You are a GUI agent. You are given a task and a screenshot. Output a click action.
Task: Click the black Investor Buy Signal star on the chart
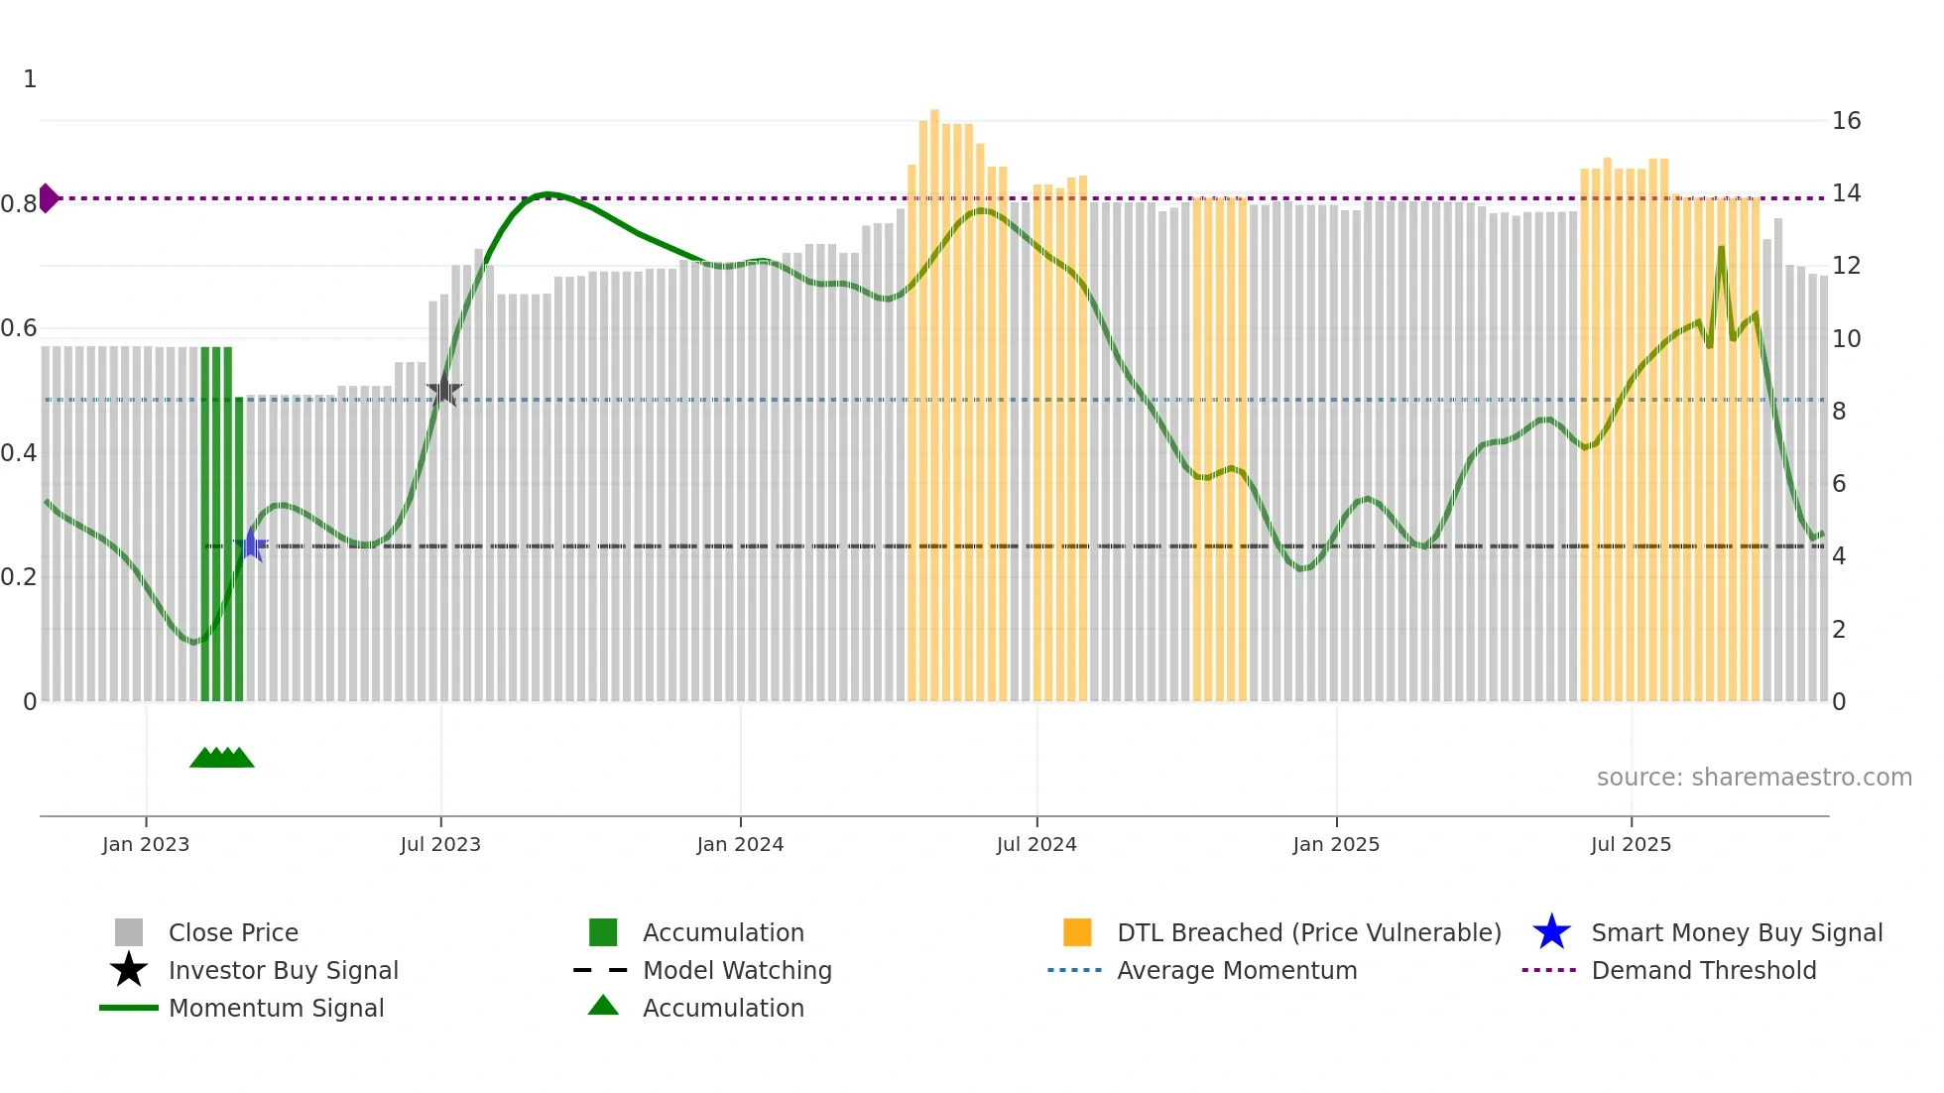[443, 391]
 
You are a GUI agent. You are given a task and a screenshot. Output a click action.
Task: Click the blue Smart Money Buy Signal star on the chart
[252, 545]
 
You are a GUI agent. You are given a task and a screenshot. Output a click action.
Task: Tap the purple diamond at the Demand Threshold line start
[48, 198]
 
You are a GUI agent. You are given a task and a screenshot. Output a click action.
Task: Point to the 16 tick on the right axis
[1846, 121]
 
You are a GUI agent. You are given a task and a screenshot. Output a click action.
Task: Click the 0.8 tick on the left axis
[19, 204]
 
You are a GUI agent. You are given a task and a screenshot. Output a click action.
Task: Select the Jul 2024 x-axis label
[1036, 844]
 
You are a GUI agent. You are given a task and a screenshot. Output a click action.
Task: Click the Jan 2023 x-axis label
[146, 844]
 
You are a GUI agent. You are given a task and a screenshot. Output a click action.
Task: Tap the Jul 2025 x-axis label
[1631, 844]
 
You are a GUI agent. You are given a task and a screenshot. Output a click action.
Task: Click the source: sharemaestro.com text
[1754, 778]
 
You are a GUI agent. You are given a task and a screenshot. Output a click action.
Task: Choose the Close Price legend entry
[233, 932]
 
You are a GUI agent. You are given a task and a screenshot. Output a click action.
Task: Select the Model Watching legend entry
[737, 970]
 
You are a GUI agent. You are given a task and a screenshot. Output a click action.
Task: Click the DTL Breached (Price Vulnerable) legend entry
[1308, 932]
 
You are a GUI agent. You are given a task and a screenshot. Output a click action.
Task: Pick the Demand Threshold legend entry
[1703, 970]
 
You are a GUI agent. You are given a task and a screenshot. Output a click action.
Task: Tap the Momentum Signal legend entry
[276, 1008]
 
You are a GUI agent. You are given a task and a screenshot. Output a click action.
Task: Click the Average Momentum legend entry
[1237, 970]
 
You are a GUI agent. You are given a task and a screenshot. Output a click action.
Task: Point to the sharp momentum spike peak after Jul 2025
[1721, 248]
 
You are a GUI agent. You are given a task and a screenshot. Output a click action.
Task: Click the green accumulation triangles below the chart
[222, 758]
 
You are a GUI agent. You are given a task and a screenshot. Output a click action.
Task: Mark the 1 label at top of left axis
[30, 79]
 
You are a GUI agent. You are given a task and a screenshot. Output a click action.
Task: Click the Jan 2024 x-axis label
[740, 844]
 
